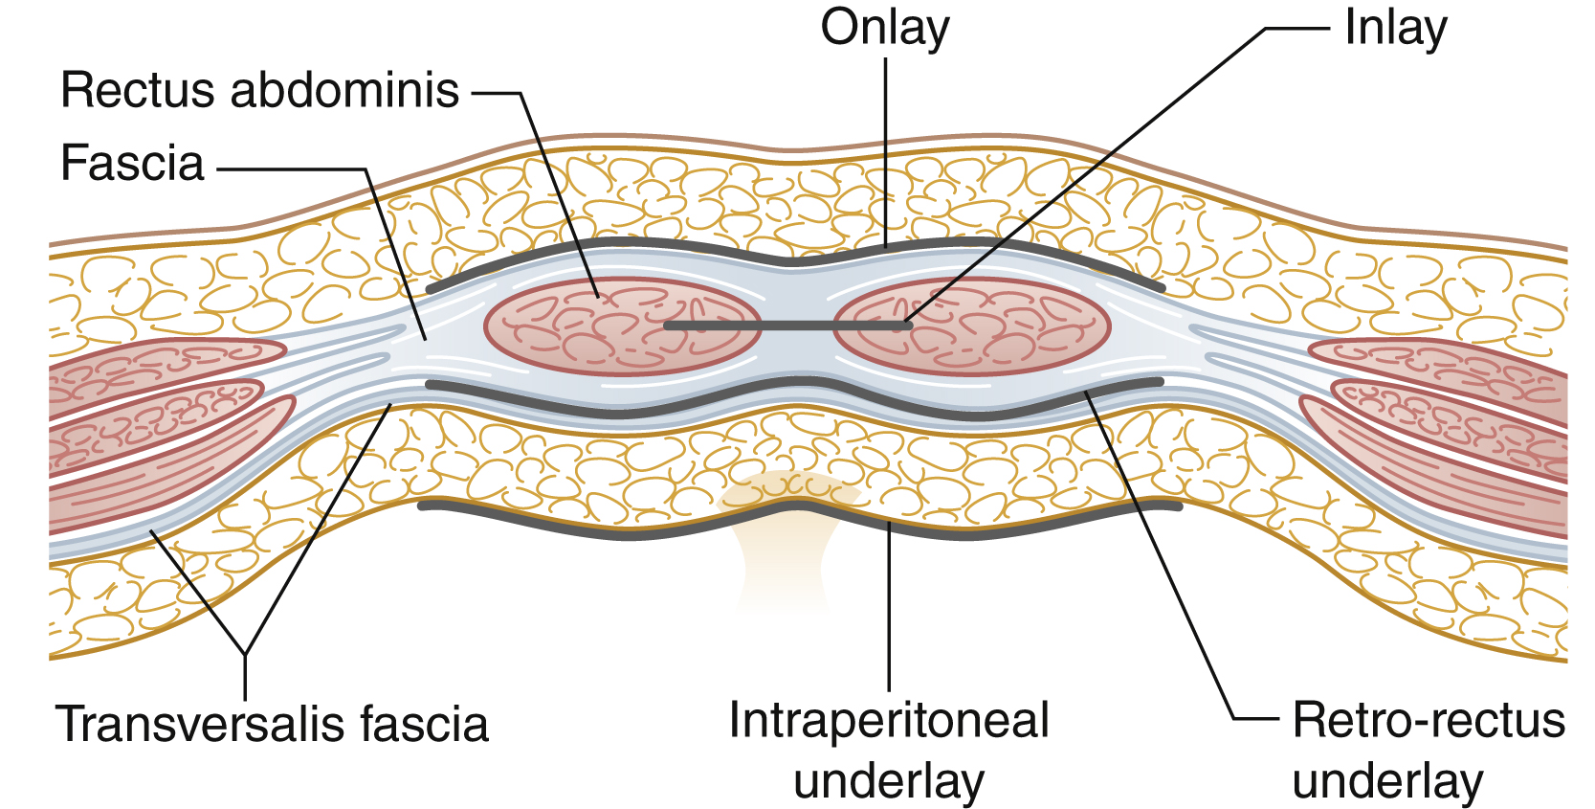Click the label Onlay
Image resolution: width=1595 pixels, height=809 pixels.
[884, 28]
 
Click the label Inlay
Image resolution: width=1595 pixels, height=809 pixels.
[1394, 28]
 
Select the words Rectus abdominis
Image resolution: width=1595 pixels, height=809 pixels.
[259, 91]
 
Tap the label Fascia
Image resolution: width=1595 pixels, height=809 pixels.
[132, 163]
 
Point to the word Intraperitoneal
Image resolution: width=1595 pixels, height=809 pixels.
[888, 720]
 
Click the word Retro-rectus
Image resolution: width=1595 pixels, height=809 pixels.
[1428, 720]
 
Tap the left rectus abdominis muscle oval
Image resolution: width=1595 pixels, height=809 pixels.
[622, 326]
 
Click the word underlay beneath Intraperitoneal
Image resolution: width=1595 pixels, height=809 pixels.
[888, 781]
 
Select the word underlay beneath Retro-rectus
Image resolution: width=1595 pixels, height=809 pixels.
[1386, 781]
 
